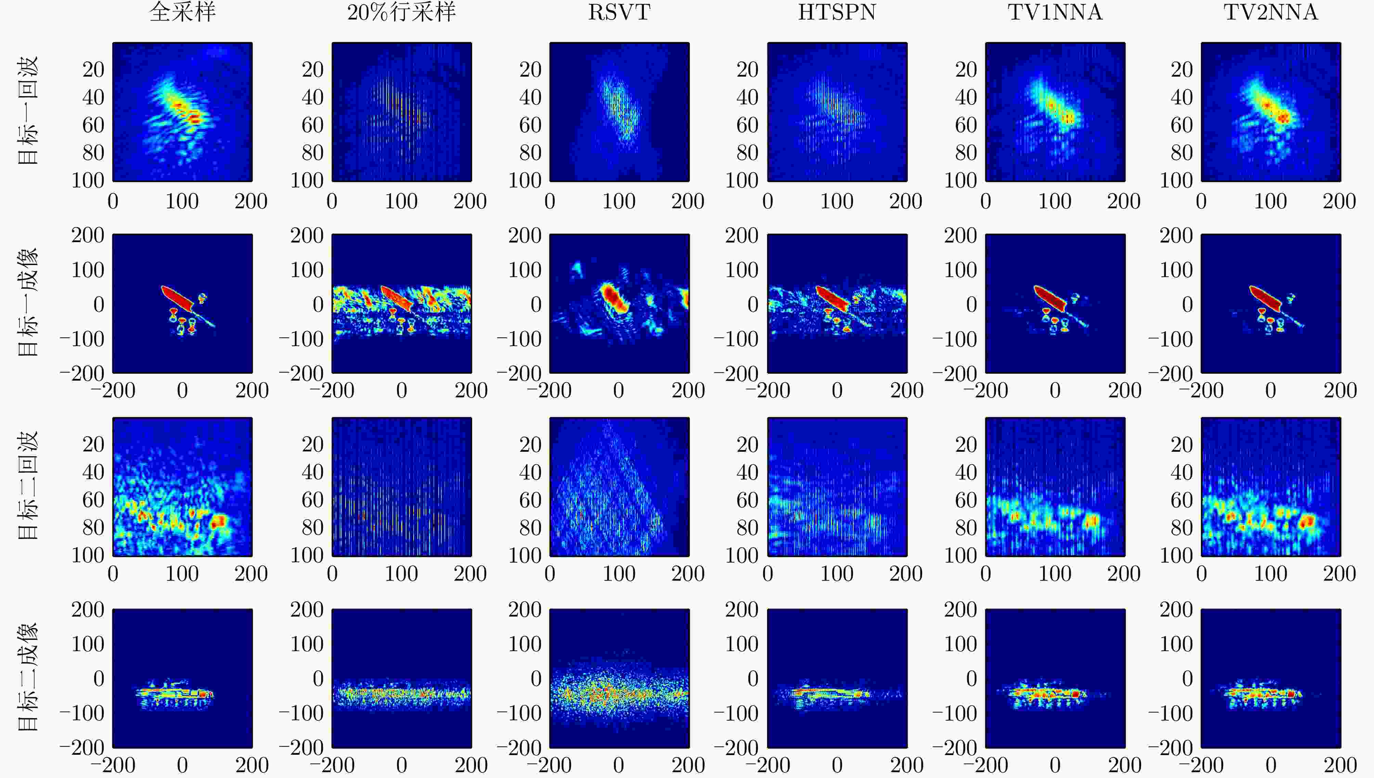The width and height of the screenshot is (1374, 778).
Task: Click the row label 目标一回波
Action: pyautogui.click(x=28, y=111)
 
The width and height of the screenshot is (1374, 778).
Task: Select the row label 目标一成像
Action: pyautogui.click(x=28, y=302)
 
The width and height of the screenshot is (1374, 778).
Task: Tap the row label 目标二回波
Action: pyautogui.click(x=28, y=486)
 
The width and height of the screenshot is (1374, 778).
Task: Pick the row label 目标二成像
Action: pyautogui.click(x=28, y=677)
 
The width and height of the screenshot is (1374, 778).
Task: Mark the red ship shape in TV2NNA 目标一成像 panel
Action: pyautogui.click(x=1266, y=300)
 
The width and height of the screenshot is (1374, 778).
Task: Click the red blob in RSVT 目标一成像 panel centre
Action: pyautogui.click(x=614, y=299)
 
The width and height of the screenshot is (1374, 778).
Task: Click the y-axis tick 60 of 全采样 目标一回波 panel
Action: pyautogui.click(x=93, y=125)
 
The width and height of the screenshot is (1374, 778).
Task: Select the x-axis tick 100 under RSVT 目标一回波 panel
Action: pyautogui.click(x=619, y=201)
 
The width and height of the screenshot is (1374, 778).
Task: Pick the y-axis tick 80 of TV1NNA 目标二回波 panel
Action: pyautogui.click(x=966, y=527)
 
